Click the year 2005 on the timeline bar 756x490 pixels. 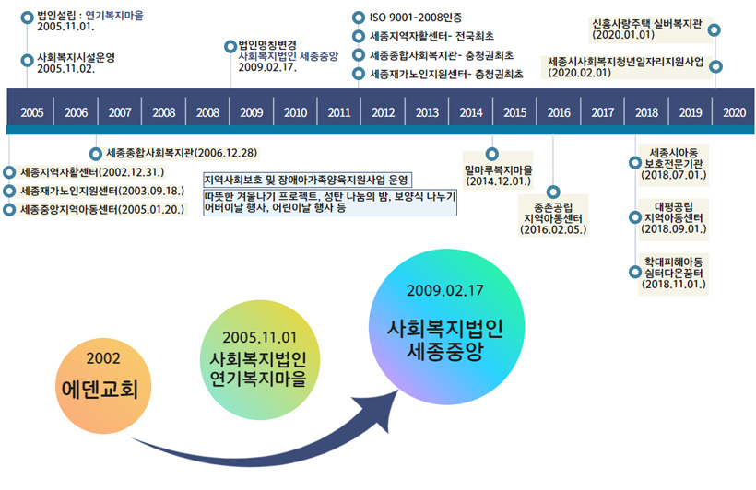pyautogui.click(x=32, y=112)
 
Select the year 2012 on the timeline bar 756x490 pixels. pyautogui.click(x=383, y=112)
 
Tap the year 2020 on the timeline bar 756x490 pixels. pyautogui.click(x=734, y=112)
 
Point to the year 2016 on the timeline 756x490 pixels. pyautogui.click(x=559, y=112)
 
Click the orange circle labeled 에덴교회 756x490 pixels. pyautogui.click(x=103, y=386)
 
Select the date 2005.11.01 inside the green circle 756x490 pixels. pyautogui.click(x=259, y=338)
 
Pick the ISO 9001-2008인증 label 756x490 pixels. pyautogui.click(x=416, y=17)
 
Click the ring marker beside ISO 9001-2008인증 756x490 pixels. pyautogui.click(x=359, y=17)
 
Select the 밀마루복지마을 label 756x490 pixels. pyautogui.click(x=499, y=170)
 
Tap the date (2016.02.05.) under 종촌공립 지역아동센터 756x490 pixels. pyautogui.click(x=553, y=230)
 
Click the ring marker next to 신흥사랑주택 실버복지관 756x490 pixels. pyautogui.click(x=715, y=29)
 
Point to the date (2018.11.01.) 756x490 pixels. pyautogui.click(x=674, y=285)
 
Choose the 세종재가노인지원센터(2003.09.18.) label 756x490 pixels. pyautogui.click(x=102, y=192)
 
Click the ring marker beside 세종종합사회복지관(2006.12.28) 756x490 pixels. pyautogui.click(x=96, y=154)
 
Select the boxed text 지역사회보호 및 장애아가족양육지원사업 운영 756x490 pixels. pyautogui.click(x=307, y=181)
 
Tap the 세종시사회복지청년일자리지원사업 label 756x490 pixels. pyautogui.click(x=625, y=62)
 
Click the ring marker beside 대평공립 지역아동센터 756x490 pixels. pyautogui.click(x=635, y=217)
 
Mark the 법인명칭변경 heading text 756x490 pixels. pyautogui.click(x=267, y=46)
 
